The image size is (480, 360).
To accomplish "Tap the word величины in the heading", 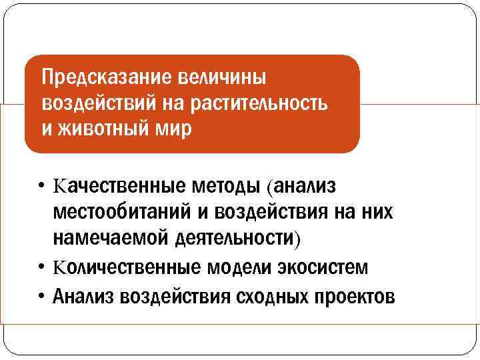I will point(222,79).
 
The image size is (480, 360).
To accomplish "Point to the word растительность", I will point(259,103).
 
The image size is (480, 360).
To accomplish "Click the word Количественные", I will point(127,268).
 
